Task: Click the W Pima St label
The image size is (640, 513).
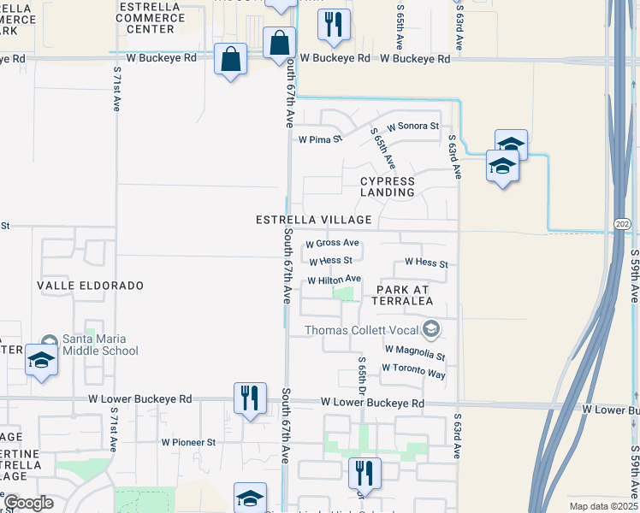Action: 319,139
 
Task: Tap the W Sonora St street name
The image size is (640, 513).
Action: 412,126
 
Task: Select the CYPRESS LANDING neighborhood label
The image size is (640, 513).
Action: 387,186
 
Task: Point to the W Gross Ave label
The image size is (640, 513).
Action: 332,244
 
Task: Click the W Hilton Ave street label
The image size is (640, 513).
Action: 334,280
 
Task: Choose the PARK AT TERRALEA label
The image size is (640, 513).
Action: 401,296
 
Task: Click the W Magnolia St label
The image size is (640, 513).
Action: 415,350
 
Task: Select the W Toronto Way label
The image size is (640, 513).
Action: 413,368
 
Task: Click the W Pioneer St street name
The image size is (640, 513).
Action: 188,442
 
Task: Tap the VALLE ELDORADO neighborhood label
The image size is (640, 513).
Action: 90,285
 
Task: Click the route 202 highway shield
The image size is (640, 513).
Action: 622,223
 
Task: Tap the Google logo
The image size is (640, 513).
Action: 28,503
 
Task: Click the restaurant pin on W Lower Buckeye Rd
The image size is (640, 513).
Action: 249,398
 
